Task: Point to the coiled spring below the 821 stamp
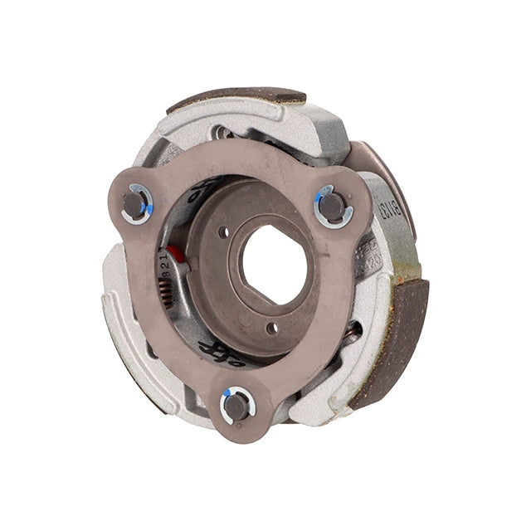coord(168,290)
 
